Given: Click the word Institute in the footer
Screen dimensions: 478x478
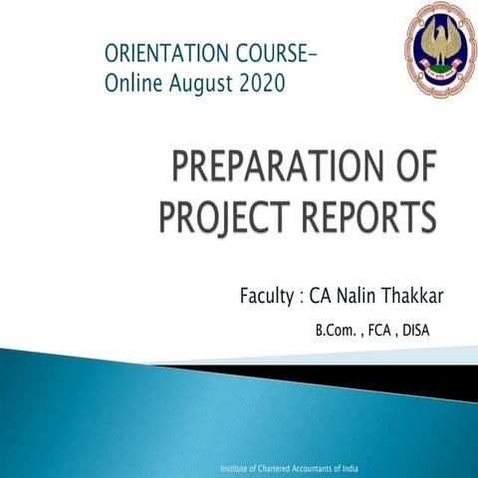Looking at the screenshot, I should [x=236, y=467].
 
